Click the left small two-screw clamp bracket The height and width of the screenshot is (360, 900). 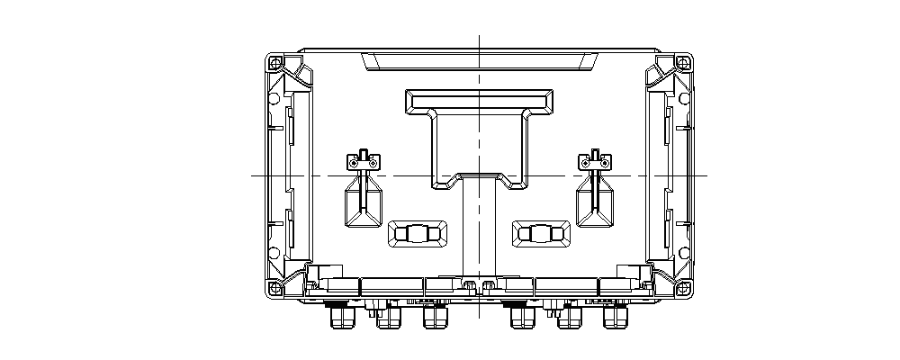364,162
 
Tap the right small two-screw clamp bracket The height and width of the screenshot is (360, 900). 595,162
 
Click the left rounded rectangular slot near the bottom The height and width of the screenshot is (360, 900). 418,234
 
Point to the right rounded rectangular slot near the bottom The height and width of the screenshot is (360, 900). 541,234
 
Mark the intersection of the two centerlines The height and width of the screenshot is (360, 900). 479,175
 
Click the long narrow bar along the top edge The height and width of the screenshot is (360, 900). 479,61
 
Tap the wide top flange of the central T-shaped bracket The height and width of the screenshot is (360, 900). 479,99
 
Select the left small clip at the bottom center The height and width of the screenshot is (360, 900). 468,285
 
